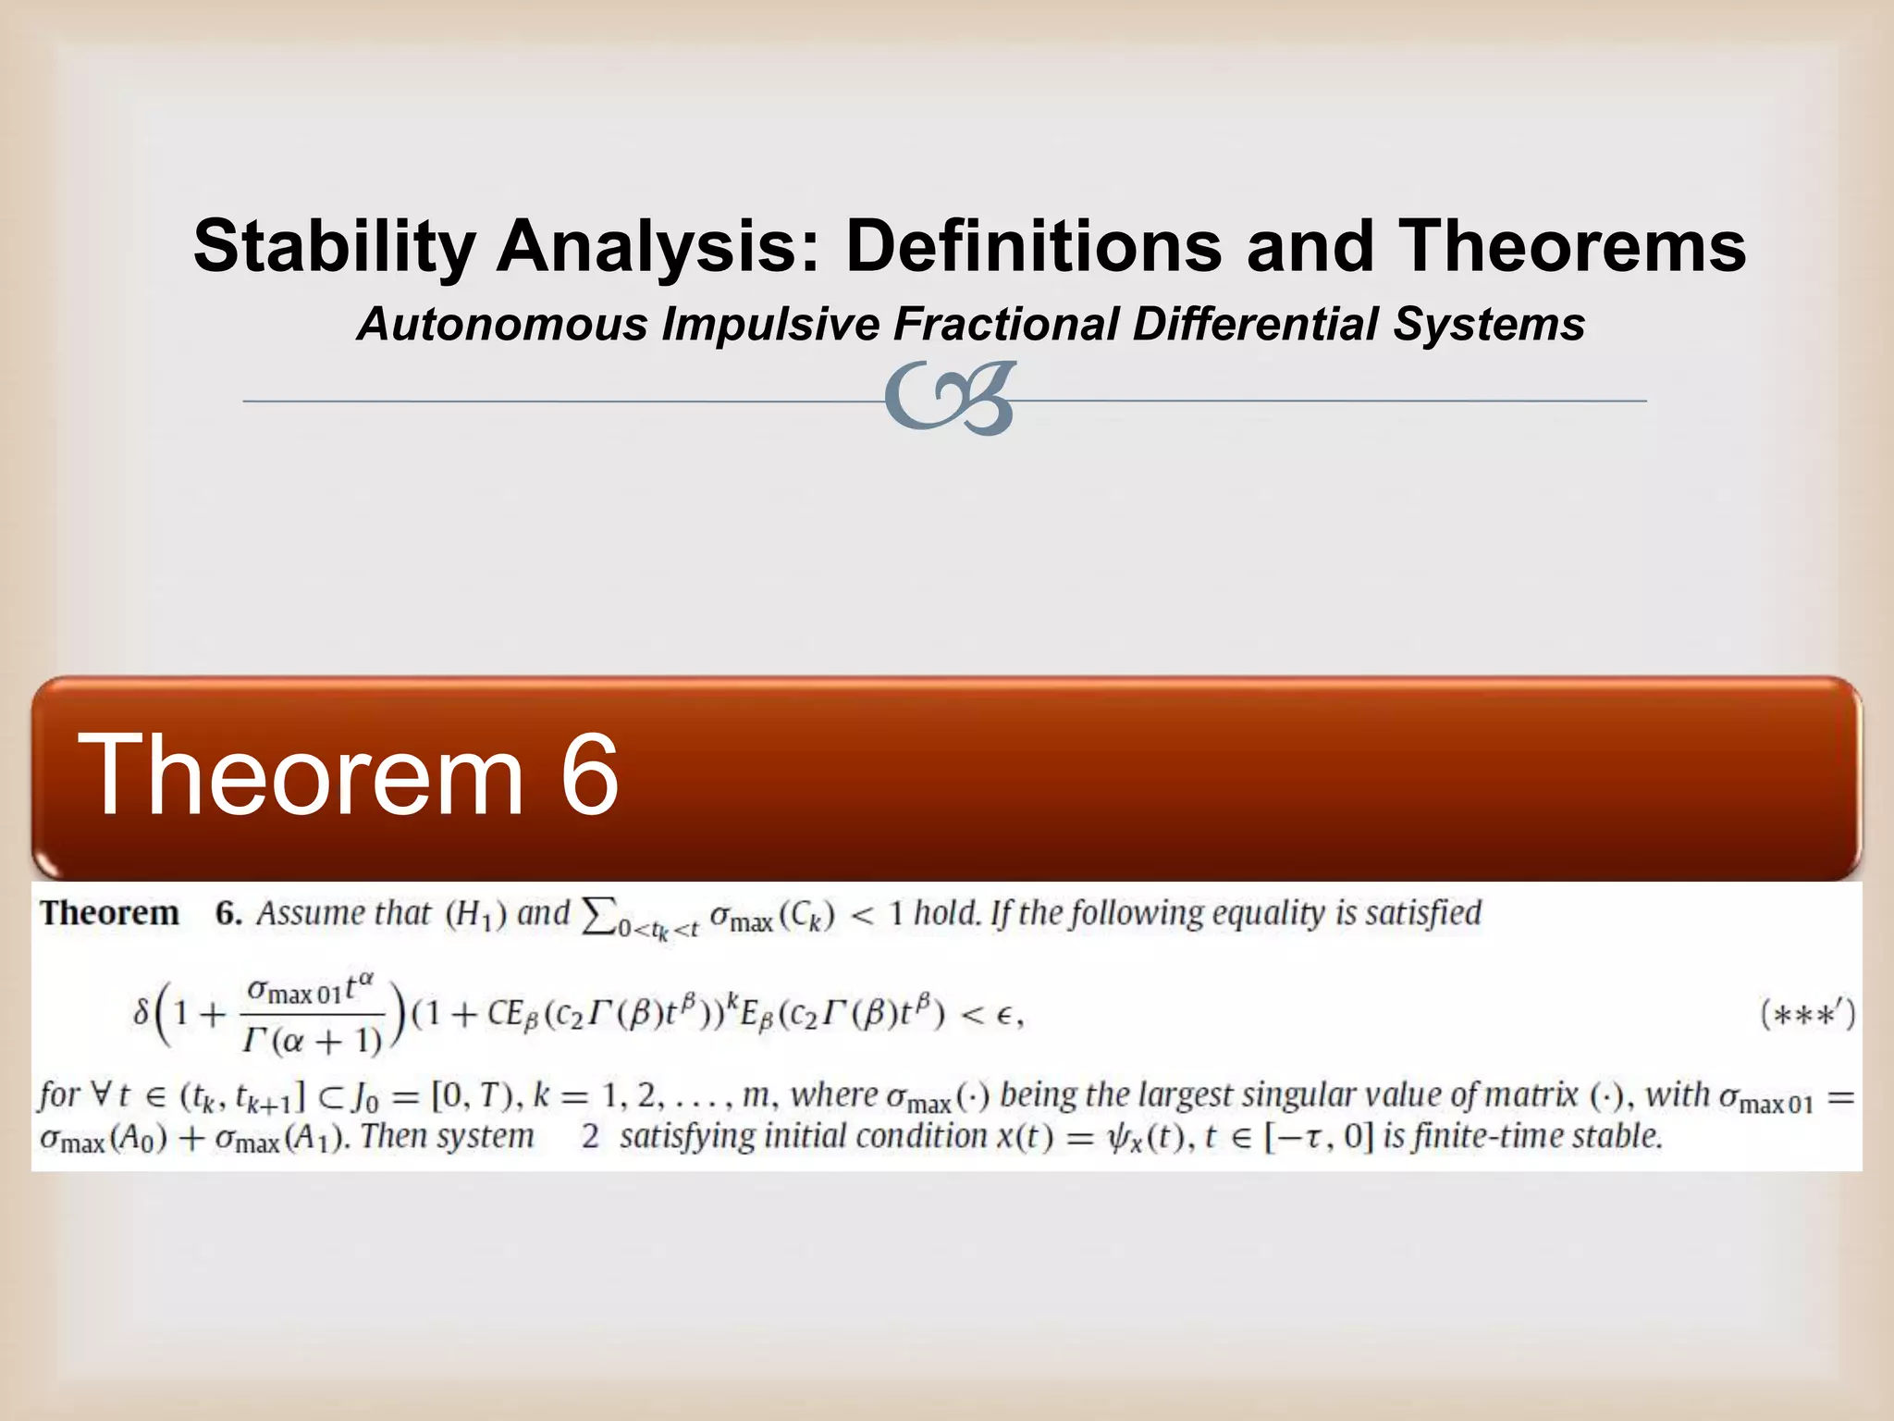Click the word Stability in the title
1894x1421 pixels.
point(334,247)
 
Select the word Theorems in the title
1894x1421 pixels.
point(1571,247)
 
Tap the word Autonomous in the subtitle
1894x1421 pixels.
point(503,325)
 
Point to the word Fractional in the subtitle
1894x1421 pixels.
point(1006,325)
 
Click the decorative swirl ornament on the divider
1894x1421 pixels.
point(951,398)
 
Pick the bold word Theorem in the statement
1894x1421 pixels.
point(109,913)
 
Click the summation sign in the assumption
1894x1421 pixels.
point(596,916)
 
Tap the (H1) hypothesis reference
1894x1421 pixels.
point(476,915)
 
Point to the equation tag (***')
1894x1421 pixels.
point(1807,1015)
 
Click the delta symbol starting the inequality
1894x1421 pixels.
point(141,1014)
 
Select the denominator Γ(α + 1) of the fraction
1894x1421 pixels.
point(312,1042)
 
